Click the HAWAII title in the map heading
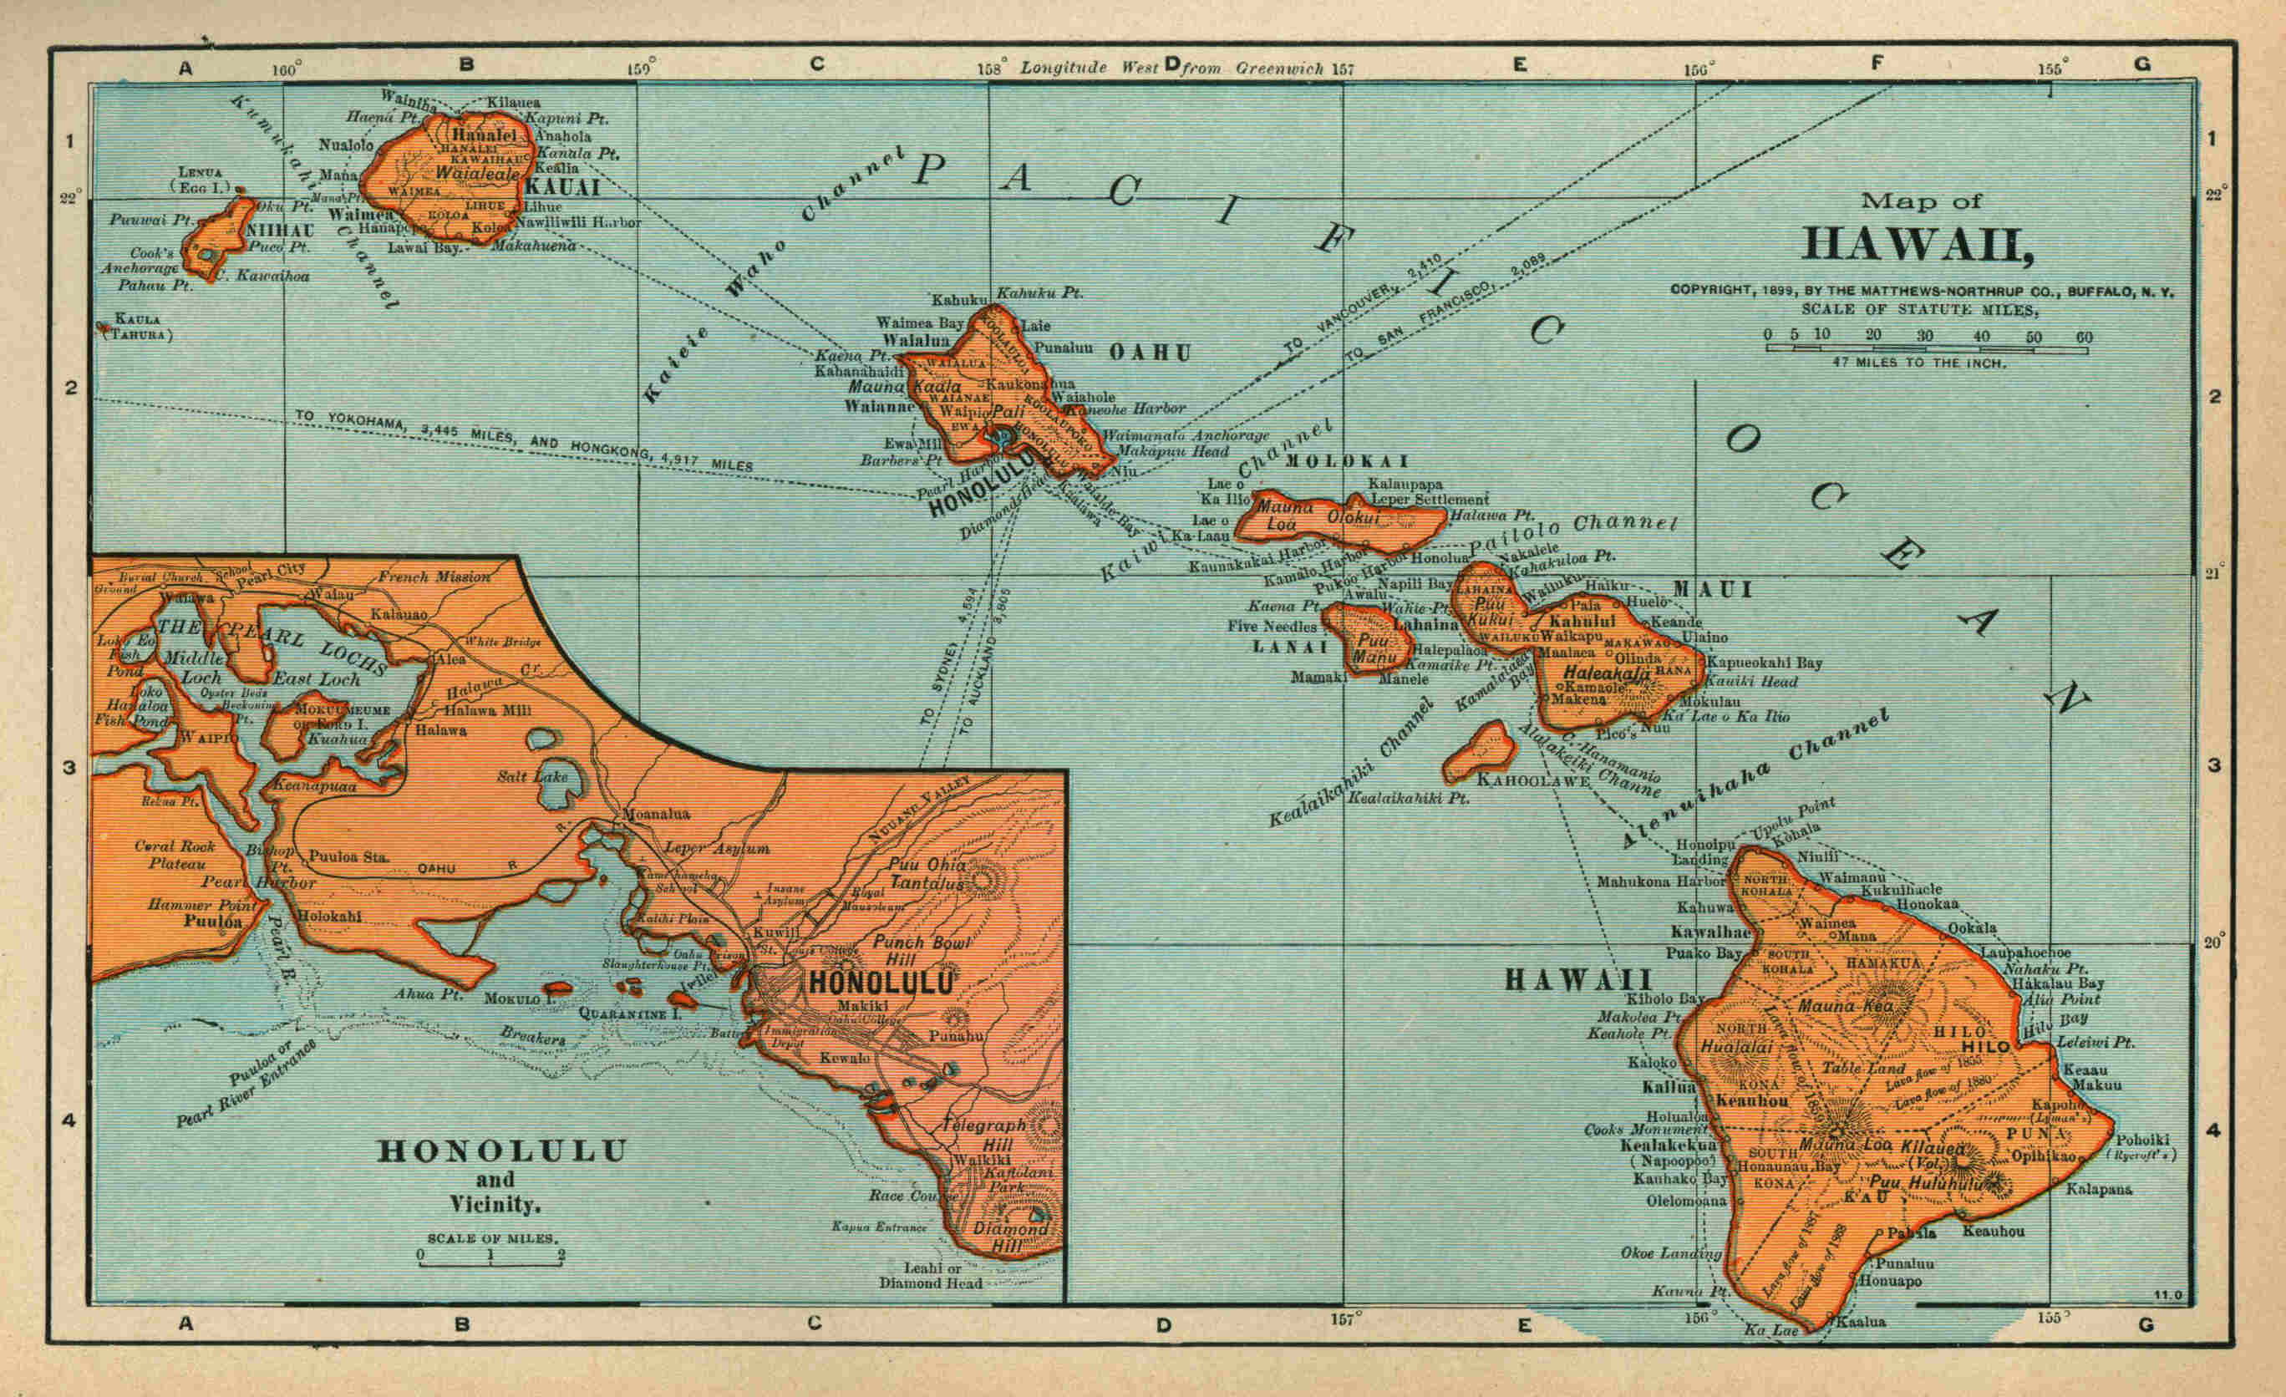pyautogui.click(x=1917, y=244)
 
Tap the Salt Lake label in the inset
pyautogui.click(x=531, y=776)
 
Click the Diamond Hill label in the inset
pyautogui.click(x=1010, y=1237)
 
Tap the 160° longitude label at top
pyautogui.click(x=287, y=69)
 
